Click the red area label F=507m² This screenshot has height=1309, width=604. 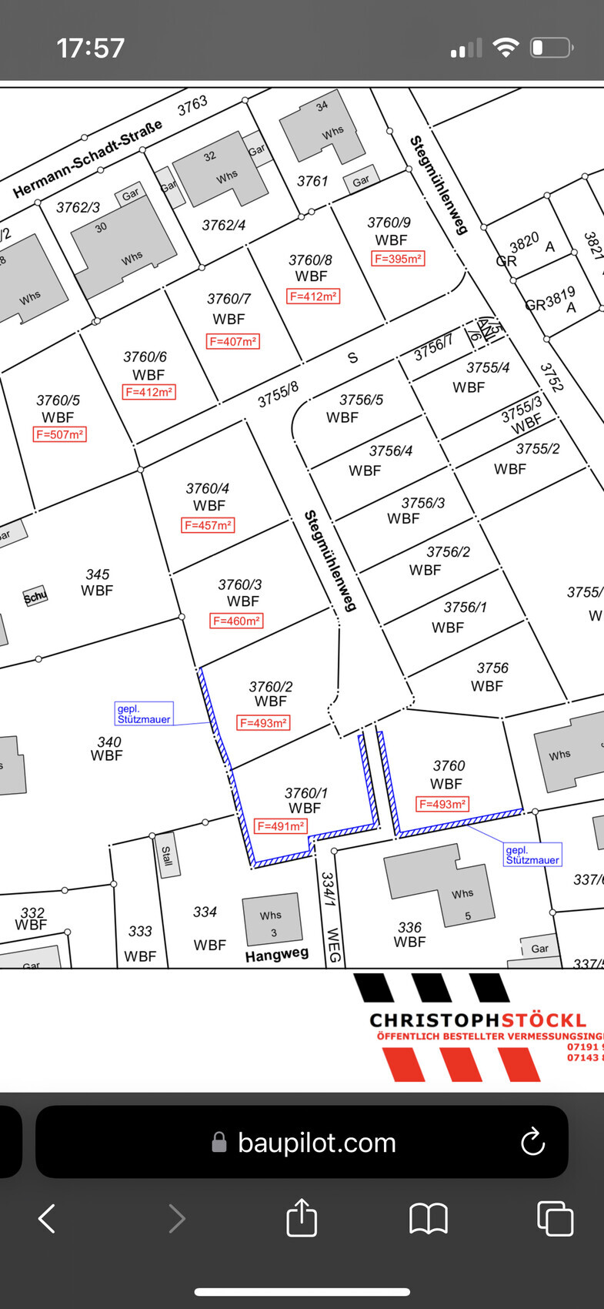pos(59,434)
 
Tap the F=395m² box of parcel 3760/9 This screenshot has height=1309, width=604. pos(398,259)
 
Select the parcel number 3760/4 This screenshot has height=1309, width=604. pos(207,489)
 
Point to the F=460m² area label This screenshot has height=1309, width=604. pos(236,621)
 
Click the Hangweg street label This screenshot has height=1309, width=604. pos(276,955)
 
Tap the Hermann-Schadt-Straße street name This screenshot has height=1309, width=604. pos(88,159)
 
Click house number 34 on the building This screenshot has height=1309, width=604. pos(322,106)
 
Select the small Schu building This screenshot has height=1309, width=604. pos(35,596)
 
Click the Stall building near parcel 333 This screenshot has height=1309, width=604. pos(166,855)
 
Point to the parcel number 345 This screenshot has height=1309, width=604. pos(97,574)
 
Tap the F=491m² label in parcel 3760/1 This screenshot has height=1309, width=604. pos(281,826)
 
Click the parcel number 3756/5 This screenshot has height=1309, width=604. pos(361,400)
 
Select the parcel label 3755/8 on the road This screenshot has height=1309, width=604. pos(278,394)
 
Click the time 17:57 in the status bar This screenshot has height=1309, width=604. pos(90,48)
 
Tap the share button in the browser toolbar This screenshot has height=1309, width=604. pos(302,1218)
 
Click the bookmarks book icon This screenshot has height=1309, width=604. pos(429,1219)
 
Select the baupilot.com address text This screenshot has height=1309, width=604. pos(316,1143)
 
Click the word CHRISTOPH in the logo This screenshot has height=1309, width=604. pos(434,1020)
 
